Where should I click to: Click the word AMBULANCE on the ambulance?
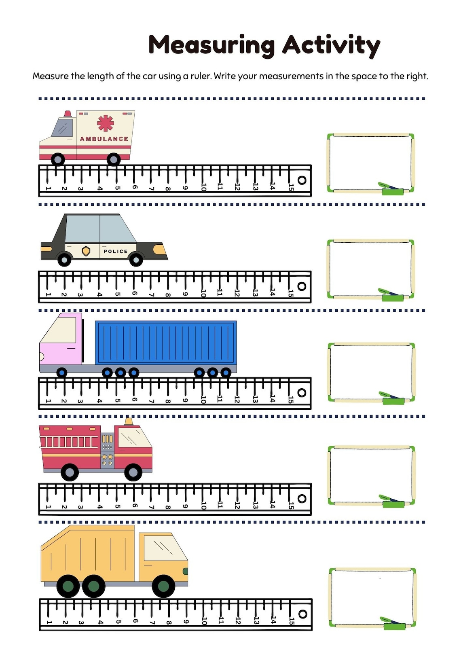pos(104,139)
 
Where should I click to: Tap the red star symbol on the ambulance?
pos(106,123)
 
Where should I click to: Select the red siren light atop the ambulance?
pos(68,114)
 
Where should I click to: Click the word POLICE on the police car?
pos(116,251)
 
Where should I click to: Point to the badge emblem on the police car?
pos(86,251)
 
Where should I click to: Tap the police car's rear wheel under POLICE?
pos(136,259)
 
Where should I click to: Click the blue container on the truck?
pos(166,342)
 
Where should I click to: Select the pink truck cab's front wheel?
pos(61,372)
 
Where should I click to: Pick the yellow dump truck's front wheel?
pos(163,586)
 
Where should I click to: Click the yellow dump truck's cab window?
pos(161,548)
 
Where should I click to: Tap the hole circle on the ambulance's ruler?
pos(302,180)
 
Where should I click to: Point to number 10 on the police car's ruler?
pos(203,293)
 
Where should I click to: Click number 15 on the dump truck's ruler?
pos(292,621)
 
